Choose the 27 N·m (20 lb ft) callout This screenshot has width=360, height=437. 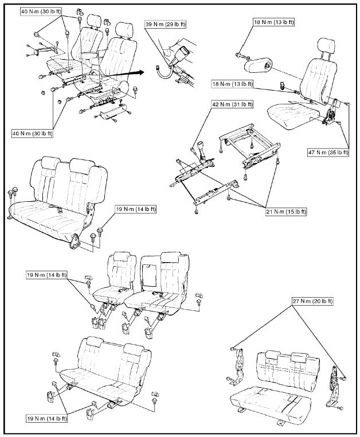coord(313,301)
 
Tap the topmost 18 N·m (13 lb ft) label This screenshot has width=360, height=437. coord(273,22)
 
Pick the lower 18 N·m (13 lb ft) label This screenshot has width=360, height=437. coord(231,83)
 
